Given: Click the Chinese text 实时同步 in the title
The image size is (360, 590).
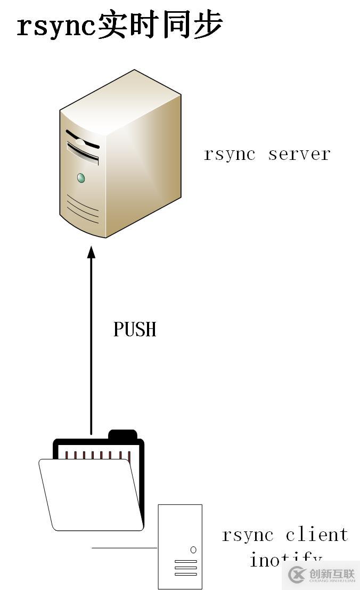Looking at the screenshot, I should click(159, 26).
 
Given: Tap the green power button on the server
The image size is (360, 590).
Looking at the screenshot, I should click(81, 177).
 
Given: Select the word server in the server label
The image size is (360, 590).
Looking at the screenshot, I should click(299, 154).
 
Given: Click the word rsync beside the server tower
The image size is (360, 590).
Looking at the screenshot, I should click(230, 154).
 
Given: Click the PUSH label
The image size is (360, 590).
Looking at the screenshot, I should click(135, 329).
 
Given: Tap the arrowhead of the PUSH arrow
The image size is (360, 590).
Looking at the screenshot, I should click(91, 252).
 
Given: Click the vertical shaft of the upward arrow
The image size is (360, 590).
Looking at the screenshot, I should click(91, 346).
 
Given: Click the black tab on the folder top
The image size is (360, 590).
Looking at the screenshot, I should click(122, 434).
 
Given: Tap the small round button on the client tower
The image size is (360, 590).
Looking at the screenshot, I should click(193, 549).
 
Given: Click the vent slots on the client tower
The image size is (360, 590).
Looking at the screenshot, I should click(185, 567).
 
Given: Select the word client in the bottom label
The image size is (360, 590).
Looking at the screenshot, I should click(316, 535).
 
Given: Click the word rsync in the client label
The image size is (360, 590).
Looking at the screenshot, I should click(248, 535).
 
